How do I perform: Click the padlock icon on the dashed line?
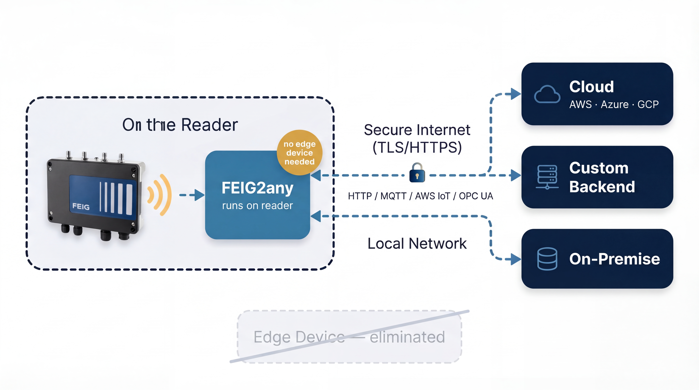pyautogui.click(x=417, y=173)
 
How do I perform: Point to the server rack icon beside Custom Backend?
pyautogui.click(x=547, y=177)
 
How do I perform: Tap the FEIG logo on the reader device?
pyautogui.click(x=81, y=207)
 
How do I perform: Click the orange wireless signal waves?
pyautogui.click(x=160, y=195)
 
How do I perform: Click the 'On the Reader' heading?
pyautogui.click(x=180, y=125)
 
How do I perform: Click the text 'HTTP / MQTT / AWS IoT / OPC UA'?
pyautogui.click(x=420, y=196)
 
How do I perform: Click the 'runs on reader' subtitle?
pyautogui.click(x=257, y=206)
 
